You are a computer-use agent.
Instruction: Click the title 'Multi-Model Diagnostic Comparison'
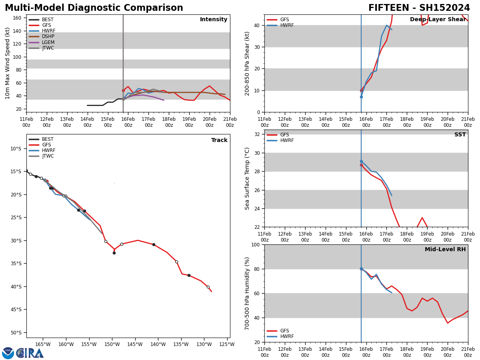coord(94,8)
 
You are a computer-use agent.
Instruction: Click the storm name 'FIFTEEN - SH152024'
coord(419,8)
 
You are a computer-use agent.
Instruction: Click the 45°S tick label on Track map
coord(15,310)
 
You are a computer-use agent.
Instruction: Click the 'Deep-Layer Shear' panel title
coord(438,20)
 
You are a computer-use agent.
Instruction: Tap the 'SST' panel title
coord(460,135)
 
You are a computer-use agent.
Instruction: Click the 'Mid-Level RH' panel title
coord(445,250)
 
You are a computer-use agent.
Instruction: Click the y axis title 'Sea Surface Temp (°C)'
coord(248,178)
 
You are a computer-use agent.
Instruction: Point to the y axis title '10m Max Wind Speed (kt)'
coord(8,63)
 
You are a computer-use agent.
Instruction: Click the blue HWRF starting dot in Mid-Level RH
coord(361,269)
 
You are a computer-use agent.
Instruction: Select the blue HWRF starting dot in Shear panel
coord(361,97)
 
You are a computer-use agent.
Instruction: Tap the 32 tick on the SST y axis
coord(258,134)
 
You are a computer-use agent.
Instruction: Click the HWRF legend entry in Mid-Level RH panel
coord(287,337)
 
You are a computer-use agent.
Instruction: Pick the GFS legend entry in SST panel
coord(284,135)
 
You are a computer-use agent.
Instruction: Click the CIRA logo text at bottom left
coord(30,353)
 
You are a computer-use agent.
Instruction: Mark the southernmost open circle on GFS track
coord(208,287)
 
